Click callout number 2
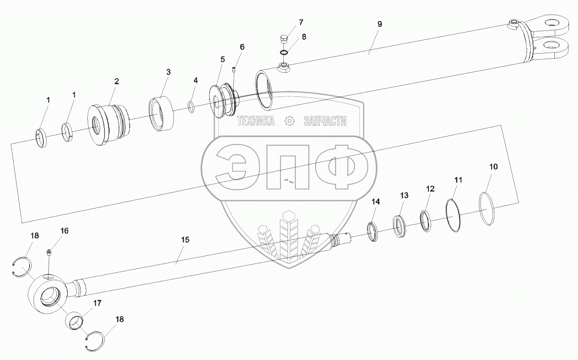click(x=117, y=81)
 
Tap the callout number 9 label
click(x=379, y=24)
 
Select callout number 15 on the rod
click(x=185, y=239)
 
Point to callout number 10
click(x=493, y=167)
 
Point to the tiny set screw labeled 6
click(x=233, y=69)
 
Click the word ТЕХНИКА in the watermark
click(x=255, y=121)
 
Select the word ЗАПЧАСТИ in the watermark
click(x=324, y=121)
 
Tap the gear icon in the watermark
click(x=288, y=121)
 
